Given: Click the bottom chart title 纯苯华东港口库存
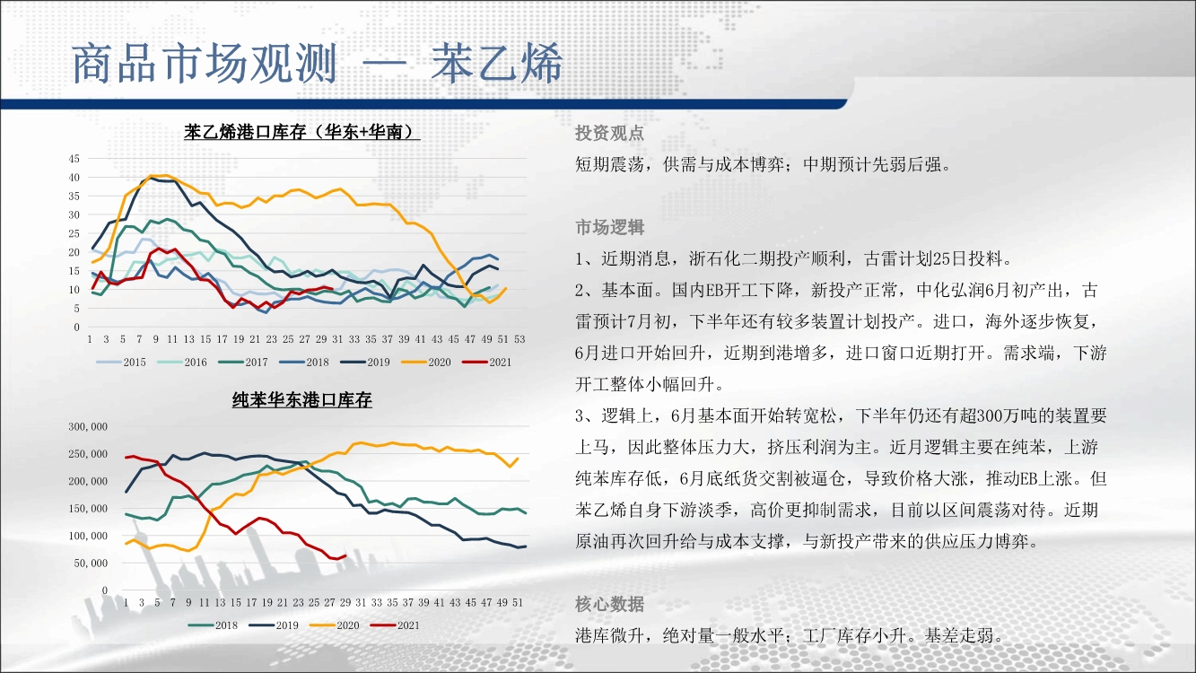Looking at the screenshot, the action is tap(301, 400).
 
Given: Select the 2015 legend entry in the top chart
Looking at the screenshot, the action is tap(120, 363).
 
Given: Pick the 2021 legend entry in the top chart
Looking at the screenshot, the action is tap(486, 363).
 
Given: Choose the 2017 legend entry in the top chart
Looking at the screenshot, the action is tap(243, 363).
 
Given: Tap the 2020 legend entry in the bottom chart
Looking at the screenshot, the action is tap(335, 625).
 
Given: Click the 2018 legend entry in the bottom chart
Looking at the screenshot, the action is tap(213, 625).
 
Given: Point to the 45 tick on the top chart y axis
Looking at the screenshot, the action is tap(74, 159).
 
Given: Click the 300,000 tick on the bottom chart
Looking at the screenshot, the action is tap(88, 427).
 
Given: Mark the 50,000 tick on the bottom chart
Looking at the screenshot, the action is tap(91, 563).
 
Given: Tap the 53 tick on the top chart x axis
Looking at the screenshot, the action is tap(519, 339).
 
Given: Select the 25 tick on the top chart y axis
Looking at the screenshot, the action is tap(74, 233).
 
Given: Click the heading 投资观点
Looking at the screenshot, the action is tap(609, 133).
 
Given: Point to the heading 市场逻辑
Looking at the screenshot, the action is tap(609, 228).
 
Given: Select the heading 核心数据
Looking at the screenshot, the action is tap(609, 604).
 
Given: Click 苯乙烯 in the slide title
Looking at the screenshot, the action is tap(497, 64).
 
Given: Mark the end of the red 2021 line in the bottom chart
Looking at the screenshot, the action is tap(346, 555).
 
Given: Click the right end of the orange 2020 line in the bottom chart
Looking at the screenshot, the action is tap(518, 459).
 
